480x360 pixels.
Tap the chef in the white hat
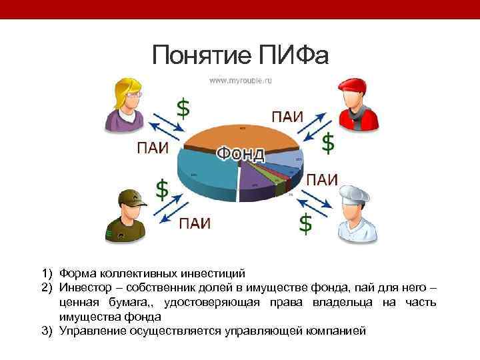pyautogui.click(x=353, y=213)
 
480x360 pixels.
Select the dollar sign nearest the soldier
pyautogui.click(x=162, y=189)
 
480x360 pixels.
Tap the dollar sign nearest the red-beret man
pyautogui.click(x=328, y=143)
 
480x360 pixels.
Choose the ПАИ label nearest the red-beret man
pyautogui.click(x=287, y=116)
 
